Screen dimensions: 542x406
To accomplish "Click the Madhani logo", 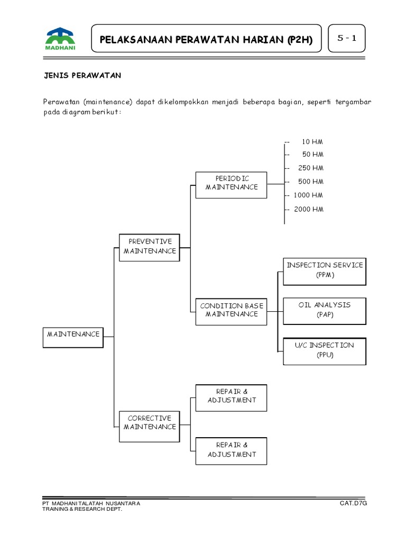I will (x=60, y=40).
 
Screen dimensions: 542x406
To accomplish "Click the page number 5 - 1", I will (x=347, y=39).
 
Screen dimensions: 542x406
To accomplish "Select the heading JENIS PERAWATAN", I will (x=82, y=76).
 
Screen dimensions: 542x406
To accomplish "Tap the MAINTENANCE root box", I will (x=73, y=335).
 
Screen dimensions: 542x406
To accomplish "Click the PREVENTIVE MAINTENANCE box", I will (x=150, y=246).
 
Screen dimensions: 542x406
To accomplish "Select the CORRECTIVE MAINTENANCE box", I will (x=150, y=422).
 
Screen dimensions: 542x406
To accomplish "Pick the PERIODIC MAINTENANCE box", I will (x=232, y=183).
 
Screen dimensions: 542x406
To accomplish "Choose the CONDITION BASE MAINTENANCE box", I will (x=232, y=310).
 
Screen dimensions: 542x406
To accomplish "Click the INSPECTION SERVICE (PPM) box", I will (x=325, y=269).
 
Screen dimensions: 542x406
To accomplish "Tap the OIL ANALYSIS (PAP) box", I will (x=325, y=310).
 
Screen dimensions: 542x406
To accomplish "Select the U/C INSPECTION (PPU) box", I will (x=325, y=350).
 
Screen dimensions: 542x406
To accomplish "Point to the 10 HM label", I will (x=312, y=142).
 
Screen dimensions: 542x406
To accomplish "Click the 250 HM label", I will (x=310, y=168).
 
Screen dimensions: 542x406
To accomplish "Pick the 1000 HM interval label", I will (x=308, y=195).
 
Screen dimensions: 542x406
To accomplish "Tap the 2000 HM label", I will (x=308, y=209).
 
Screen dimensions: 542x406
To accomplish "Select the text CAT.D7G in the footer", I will (x=353, y=503).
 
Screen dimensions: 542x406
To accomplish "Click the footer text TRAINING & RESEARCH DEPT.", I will (x=82, y=509).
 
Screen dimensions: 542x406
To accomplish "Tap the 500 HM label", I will (x=310, y=182).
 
